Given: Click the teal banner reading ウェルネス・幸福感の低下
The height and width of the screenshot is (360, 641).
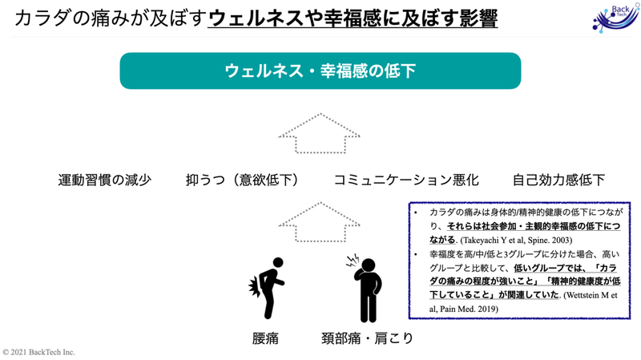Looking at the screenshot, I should pos(320,71).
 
